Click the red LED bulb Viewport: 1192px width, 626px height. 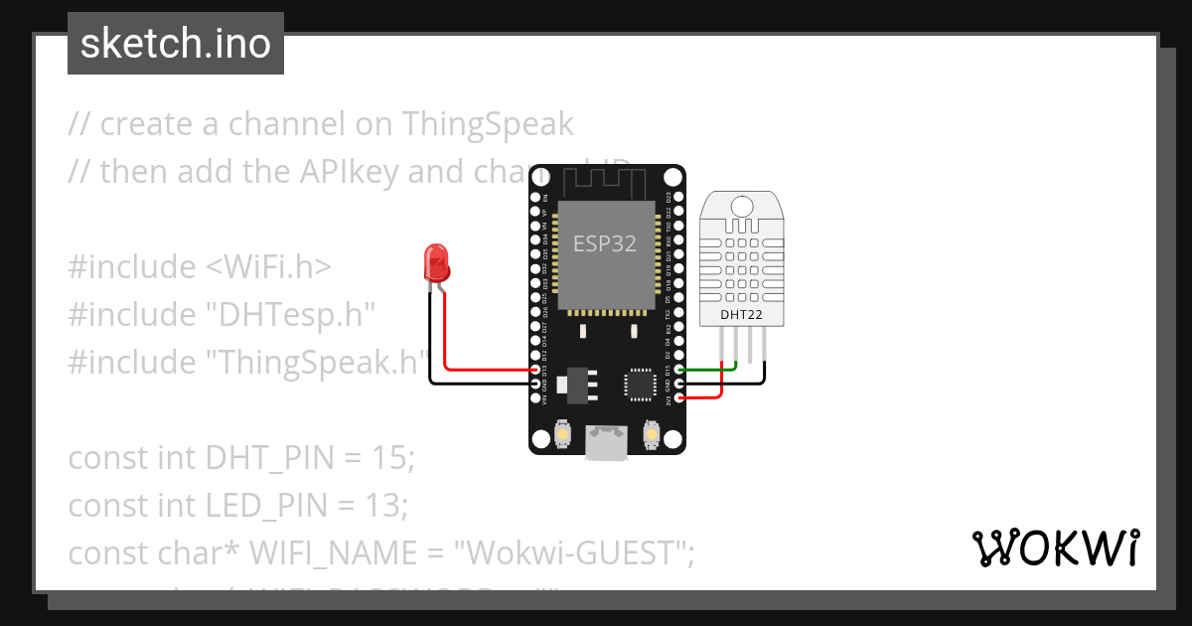coord(436,262)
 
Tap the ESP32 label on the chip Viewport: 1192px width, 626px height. coord(605,243)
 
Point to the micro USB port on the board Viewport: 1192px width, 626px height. coord(606,442)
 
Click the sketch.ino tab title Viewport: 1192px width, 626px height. coord(176,44)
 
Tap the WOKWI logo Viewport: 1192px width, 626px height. coord(1055,548)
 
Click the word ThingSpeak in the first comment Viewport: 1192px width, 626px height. coord(488,124)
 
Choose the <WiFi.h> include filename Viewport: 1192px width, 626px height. coord(269,267)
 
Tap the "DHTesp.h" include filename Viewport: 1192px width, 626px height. coord(291,315)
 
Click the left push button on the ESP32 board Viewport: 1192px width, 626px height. coord(562,435)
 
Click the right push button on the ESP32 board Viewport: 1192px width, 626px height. coord(653,435)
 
